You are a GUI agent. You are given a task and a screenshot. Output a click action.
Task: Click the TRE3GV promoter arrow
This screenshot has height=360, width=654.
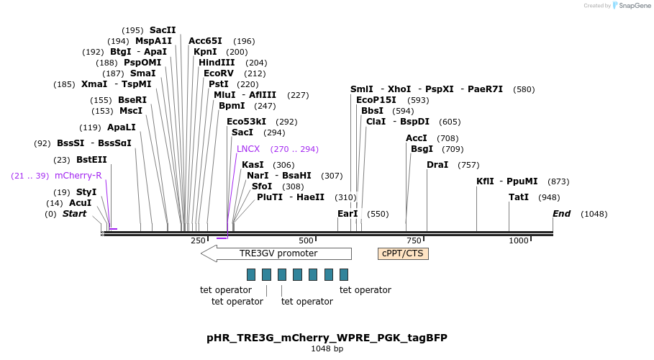[x=276, y=253]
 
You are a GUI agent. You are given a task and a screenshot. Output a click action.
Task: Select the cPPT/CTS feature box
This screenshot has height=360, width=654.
[x=403, y=253]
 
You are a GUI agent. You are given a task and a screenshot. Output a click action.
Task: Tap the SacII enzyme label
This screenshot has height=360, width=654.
[x=163, y=30]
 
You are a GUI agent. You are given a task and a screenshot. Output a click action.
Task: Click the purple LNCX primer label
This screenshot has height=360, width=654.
[x=248, y=149]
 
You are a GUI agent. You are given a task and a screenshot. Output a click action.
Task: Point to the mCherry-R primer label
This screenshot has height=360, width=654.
[x=78, y=176]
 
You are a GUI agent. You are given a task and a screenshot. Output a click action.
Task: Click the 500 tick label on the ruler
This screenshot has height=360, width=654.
[x=306, y=240]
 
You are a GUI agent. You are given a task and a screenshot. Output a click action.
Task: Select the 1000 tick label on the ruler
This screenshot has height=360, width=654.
[x=518, y=240]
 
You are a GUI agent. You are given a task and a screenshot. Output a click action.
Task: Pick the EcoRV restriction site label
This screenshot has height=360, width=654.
[x=219, y=73]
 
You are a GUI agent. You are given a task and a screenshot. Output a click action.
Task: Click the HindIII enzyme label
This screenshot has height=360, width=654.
[x=217, y=63]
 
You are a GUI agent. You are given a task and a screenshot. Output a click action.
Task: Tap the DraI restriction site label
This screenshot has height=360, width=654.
[x=437, y=165]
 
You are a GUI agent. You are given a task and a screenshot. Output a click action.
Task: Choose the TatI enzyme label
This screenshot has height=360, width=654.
[x=519, y=197]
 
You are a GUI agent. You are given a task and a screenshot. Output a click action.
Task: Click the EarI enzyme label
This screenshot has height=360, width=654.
[x=348, y=214]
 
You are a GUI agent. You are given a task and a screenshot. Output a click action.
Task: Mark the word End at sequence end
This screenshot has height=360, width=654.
[x=561, y=214]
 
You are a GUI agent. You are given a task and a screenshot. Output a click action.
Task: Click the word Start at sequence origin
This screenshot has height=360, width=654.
[x=74, y=214]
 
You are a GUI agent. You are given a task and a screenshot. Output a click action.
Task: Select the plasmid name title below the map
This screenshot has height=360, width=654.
[x=327, y=337]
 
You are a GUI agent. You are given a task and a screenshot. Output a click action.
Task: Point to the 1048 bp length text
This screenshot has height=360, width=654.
[x=327, y=349]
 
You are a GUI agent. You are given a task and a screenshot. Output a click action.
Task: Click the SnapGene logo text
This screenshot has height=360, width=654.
[x=635, y=6]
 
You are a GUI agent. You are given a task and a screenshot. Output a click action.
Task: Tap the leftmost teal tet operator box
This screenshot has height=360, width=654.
[x=251, y=274]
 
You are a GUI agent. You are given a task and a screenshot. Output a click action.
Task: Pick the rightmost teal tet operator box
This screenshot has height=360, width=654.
[x=344, y=274]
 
